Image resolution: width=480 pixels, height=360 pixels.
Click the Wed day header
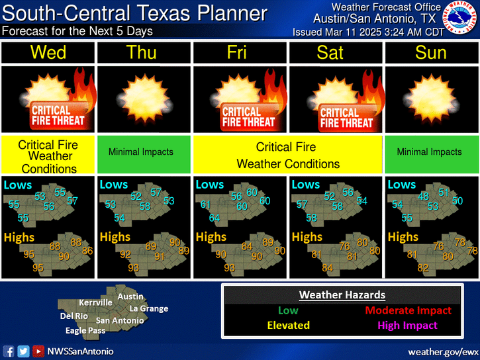[x=48, y=52]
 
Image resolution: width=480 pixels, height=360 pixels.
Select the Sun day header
[x=430, y=52]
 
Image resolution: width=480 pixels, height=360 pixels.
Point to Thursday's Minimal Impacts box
[x=144, y=152]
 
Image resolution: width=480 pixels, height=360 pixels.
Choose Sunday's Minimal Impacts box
[x=430, y=152]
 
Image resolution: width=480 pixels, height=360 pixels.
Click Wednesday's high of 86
[x=87, y=251]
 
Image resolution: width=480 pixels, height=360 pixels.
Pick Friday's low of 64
[x=214, y=218]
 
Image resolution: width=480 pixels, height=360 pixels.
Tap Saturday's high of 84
[x=327, y=267]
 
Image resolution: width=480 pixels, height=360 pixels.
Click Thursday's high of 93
[x=134, y=267]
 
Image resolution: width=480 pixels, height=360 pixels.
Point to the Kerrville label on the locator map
[x=95, y=302]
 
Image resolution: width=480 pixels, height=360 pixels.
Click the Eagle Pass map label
[x=85, y=330]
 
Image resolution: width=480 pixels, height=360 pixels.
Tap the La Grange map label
[x=149, y=308]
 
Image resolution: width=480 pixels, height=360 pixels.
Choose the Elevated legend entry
[x=288, y=325]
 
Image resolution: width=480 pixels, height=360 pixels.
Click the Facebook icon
[x=9, y=351]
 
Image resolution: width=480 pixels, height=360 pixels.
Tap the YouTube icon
[x=38, y=351]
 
